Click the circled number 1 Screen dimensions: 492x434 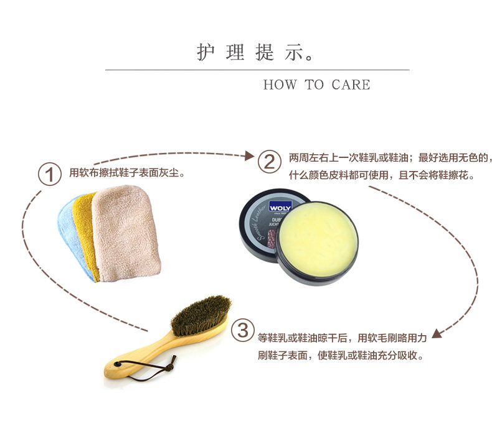pyautogui.click(x=49, y=174)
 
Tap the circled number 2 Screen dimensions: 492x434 pyautogui.click(x=270, y=162)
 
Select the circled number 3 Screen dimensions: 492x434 pyautogui.click(x=243, y=330)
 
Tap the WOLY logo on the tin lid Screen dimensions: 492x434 pyautogui.click(x=280, y=206)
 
